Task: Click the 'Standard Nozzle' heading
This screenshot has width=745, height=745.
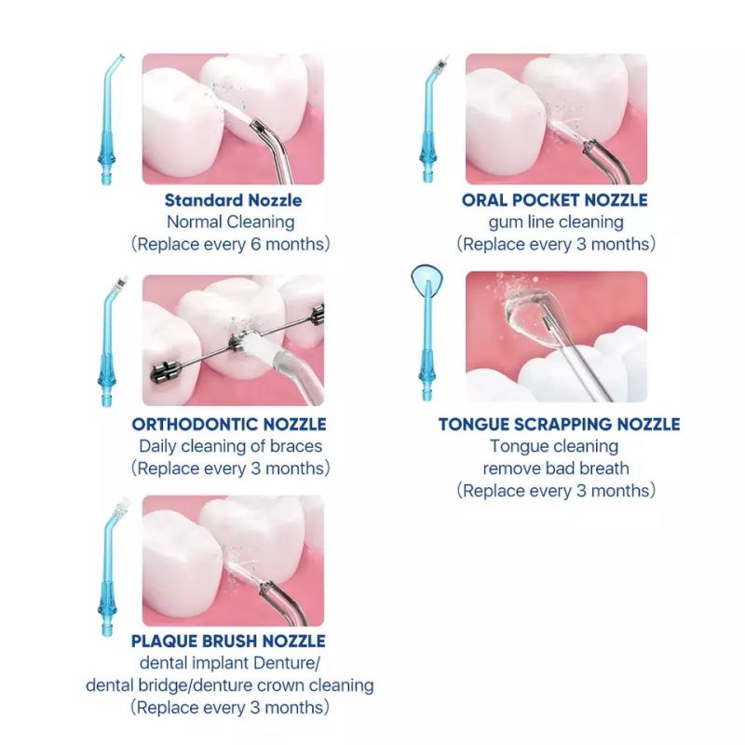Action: point(233,200)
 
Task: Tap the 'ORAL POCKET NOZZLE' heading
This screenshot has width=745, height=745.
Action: point(554,200)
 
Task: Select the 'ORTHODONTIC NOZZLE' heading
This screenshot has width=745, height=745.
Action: point(229,425)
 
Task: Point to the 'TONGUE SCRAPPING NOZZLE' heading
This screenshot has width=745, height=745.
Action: point(560,425)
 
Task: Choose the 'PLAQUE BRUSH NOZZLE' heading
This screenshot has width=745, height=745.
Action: point(228,641)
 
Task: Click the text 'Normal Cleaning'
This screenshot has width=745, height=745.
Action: point(230,222)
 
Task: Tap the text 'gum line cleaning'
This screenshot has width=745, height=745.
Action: point(556,222)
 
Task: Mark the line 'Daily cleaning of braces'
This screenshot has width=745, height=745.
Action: point(230,446)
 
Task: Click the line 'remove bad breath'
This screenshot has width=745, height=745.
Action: point(556,468)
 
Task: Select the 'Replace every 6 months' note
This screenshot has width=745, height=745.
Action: point(230,244)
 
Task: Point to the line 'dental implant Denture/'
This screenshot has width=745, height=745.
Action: point(230,663)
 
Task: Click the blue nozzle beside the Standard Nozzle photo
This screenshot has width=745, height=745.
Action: point(108,120)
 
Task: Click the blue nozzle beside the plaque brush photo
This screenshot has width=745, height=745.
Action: point(108,568)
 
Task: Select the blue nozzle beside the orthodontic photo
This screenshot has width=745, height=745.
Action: point(108,342)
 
